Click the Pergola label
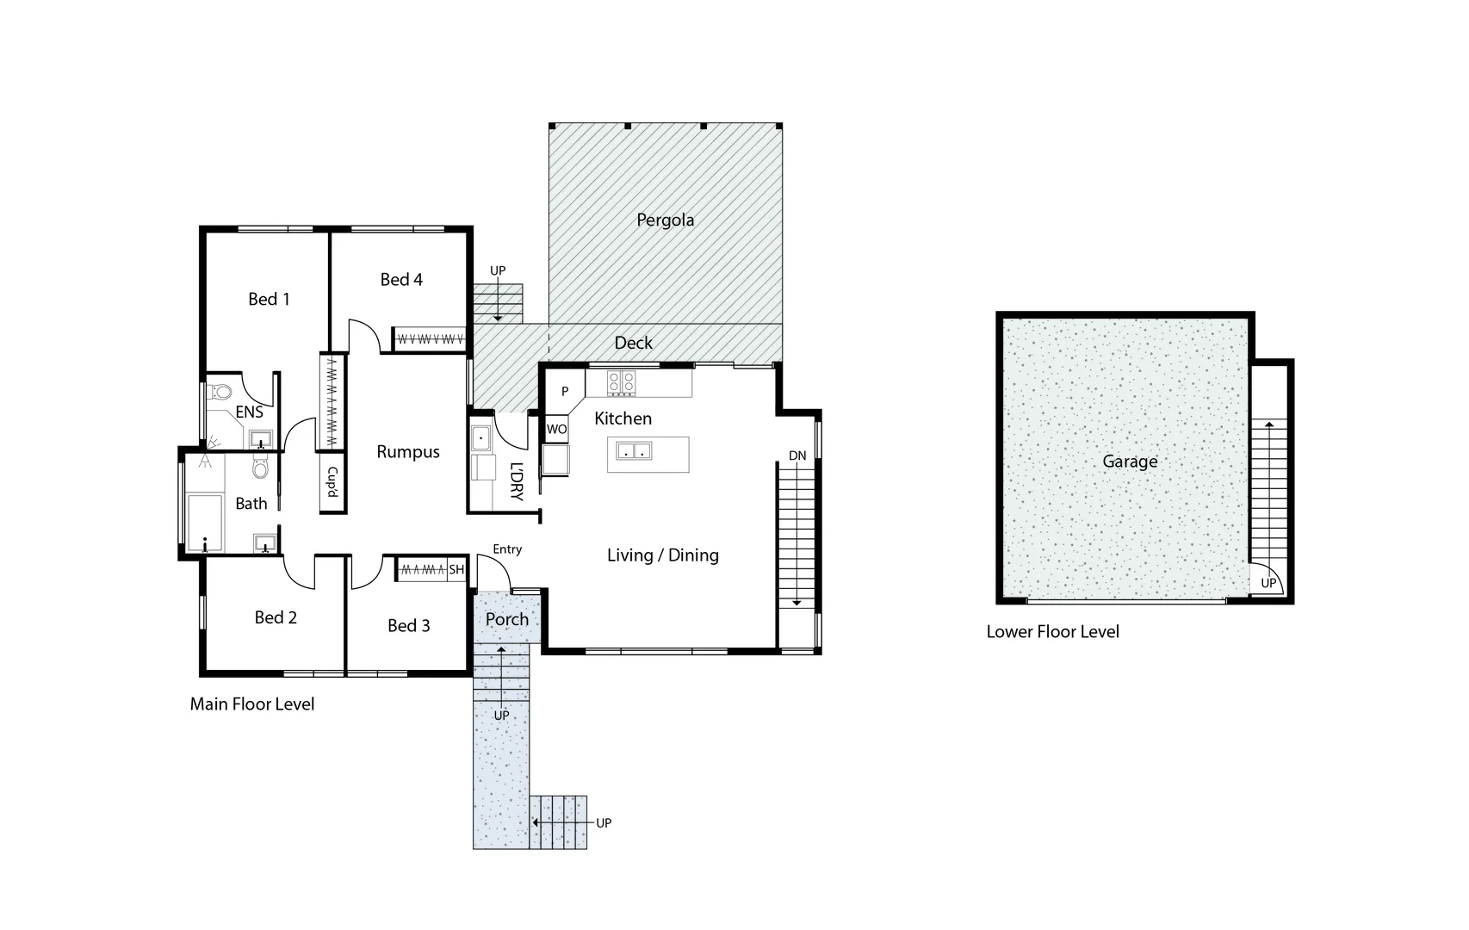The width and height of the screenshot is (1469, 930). (x=665, y=220)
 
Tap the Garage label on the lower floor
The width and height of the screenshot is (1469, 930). (x=1130, y=462)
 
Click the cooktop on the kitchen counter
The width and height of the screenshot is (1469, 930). (x=621, y=382)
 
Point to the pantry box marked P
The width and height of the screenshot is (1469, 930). (x=565, y=392)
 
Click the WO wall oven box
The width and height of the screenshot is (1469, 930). (x=556, y=429)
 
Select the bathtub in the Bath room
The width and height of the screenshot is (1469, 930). (x=205, y=522)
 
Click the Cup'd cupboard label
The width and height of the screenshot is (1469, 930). (x=332, y=482)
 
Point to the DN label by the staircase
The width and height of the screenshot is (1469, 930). (x=797, y=456)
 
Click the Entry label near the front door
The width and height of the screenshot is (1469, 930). (x=507, y=549)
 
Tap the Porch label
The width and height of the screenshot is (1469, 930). (x=506, y=619)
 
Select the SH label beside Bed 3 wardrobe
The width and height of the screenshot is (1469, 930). (x=456, y=570)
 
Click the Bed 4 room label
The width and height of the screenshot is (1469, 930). (x=401, y=279)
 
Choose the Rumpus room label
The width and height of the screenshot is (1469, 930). (x=408, y=452)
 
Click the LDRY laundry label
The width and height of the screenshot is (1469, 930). (x=516, y=482)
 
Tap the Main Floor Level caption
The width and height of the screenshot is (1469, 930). (x=252, y=704)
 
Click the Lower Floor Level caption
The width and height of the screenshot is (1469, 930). (x=1052, y=632)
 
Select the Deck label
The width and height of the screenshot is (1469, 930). (x=633, y=343)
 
